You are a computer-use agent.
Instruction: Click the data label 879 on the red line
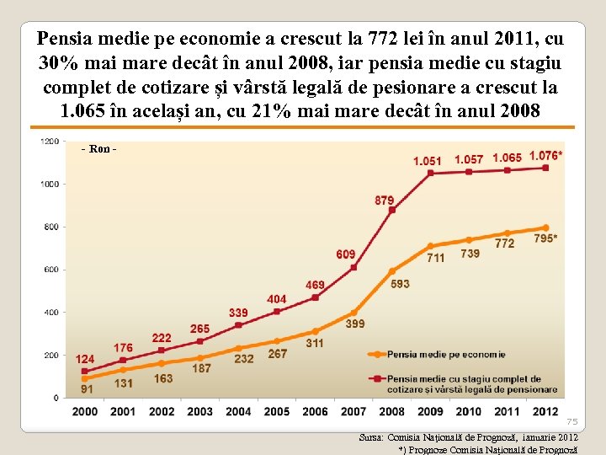(x=384, y=201)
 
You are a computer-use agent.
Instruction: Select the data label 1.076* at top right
(x=546, y=156)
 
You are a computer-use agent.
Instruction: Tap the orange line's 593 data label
(x=400, y=284)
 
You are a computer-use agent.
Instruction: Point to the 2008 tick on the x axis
(x=391, y=411)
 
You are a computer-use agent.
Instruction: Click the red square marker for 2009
(x=430, y=174)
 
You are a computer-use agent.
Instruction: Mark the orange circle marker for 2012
(x=545, y=227)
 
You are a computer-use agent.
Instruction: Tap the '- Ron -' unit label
(x=98, y=149)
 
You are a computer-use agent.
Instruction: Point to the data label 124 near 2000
(x=84, y=360)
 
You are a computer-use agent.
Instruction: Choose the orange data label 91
(x=87, y=389)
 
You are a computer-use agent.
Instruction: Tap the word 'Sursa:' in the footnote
(x=371, y=438)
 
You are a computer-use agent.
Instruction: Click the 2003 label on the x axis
(x=199, y=411)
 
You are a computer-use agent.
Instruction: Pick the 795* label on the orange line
(x=545, y=239)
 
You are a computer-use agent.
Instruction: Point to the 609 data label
(x=345, y=254)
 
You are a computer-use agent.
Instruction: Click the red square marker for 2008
(x=392, y=210)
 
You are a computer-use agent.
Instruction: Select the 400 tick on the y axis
(x=51, y=313)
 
